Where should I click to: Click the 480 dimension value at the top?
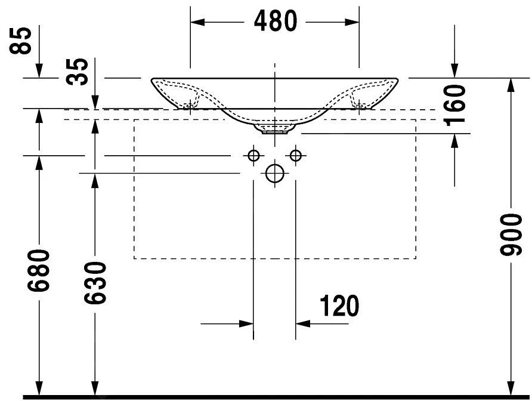tap(275, 21)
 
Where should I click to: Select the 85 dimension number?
tap(20, 41)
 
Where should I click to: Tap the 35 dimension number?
tap(77, 71)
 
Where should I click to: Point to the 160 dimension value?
tap(454, 105)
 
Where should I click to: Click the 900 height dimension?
tap(511, 235)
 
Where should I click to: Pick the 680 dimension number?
tap(39, 270)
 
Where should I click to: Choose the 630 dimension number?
tap(95, 282)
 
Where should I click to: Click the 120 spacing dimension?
tap(339, 306)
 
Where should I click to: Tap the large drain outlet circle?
tap(275, 173)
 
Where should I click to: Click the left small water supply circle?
tap(253, 156)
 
